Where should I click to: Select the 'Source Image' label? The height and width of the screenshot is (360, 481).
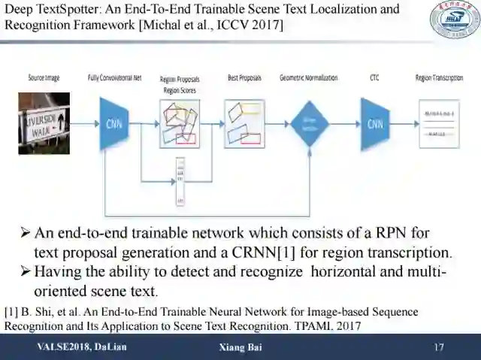tap(44, 77)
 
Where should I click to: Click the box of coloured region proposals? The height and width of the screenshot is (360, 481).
tap(180, 123)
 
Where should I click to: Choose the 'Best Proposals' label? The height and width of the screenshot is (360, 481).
tap(245, 78)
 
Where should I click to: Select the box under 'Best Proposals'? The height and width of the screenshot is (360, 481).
tap(244, 123)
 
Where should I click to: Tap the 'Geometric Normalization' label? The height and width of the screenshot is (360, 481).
tap(308, 78)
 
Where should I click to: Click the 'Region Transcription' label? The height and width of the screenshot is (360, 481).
tap(442, 78)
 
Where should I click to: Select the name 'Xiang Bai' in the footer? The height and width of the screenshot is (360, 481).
tap(240, 347)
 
